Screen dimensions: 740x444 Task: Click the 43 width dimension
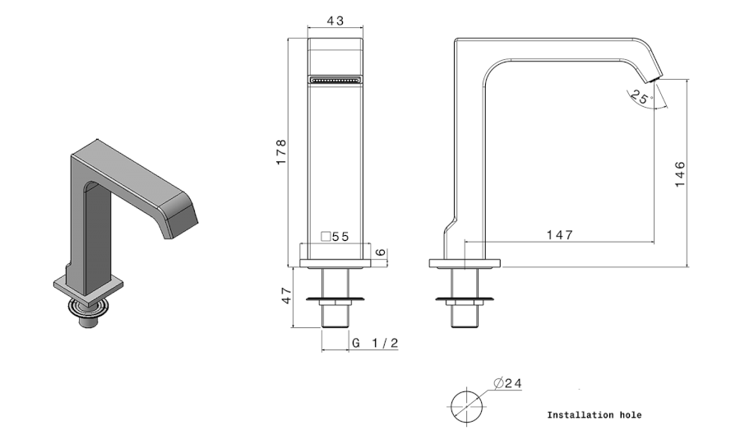point(335,21)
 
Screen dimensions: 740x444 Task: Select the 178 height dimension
point(281,152)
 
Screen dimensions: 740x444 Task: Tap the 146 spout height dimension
point(680,174)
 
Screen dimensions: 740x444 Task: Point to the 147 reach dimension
point(560,234)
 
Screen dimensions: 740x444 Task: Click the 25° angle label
point(641,97)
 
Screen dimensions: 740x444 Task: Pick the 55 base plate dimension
point(340,237)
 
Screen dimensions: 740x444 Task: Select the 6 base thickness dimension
point(381,252)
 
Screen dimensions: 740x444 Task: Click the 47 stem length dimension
point(287,296)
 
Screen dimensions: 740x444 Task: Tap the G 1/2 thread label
point(376,343)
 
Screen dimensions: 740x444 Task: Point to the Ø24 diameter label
point(508,383)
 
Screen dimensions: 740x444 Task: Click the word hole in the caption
point(631,415)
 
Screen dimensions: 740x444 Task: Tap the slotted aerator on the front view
point(335,80)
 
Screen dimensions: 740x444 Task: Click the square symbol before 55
point(326,237)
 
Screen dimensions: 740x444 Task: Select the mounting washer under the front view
point(335,299)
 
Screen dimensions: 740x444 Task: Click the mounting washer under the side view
point(465,299)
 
